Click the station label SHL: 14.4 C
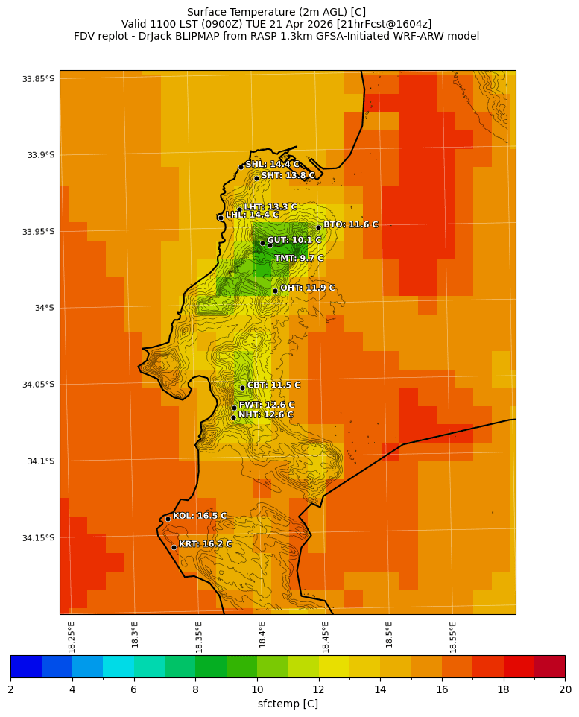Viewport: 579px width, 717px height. pyautogui.click(x=273, y=165)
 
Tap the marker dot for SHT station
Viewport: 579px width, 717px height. pyautogui.click(x=256, y=178)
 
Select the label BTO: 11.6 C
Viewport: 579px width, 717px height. pyautogui.click(x=350, y=224)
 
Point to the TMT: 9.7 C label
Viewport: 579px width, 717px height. pyautogui.click(x=299, y=259)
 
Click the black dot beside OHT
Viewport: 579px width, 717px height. pyautogui.click(x=275, y=291)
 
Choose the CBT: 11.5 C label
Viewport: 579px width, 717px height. pyautogui.click(x=273, y=385)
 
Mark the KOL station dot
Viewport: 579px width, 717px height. pyautogui.click(x=168, y=519)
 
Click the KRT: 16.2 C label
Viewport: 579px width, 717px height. pyautogui.click(x=205, y=544)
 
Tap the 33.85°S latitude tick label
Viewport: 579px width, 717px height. pyautogui.click(x=38, y=79)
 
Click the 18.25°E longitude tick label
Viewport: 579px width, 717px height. pyautogui.click(x=72, y=637)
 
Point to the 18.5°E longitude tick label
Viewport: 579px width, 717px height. pyautogui.click(x=389, y=637)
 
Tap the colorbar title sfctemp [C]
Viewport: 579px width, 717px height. pyautogui.click(x=288, y=704)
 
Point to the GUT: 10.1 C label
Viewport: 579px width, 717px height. pyautogui.click(x=294, y=241)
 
